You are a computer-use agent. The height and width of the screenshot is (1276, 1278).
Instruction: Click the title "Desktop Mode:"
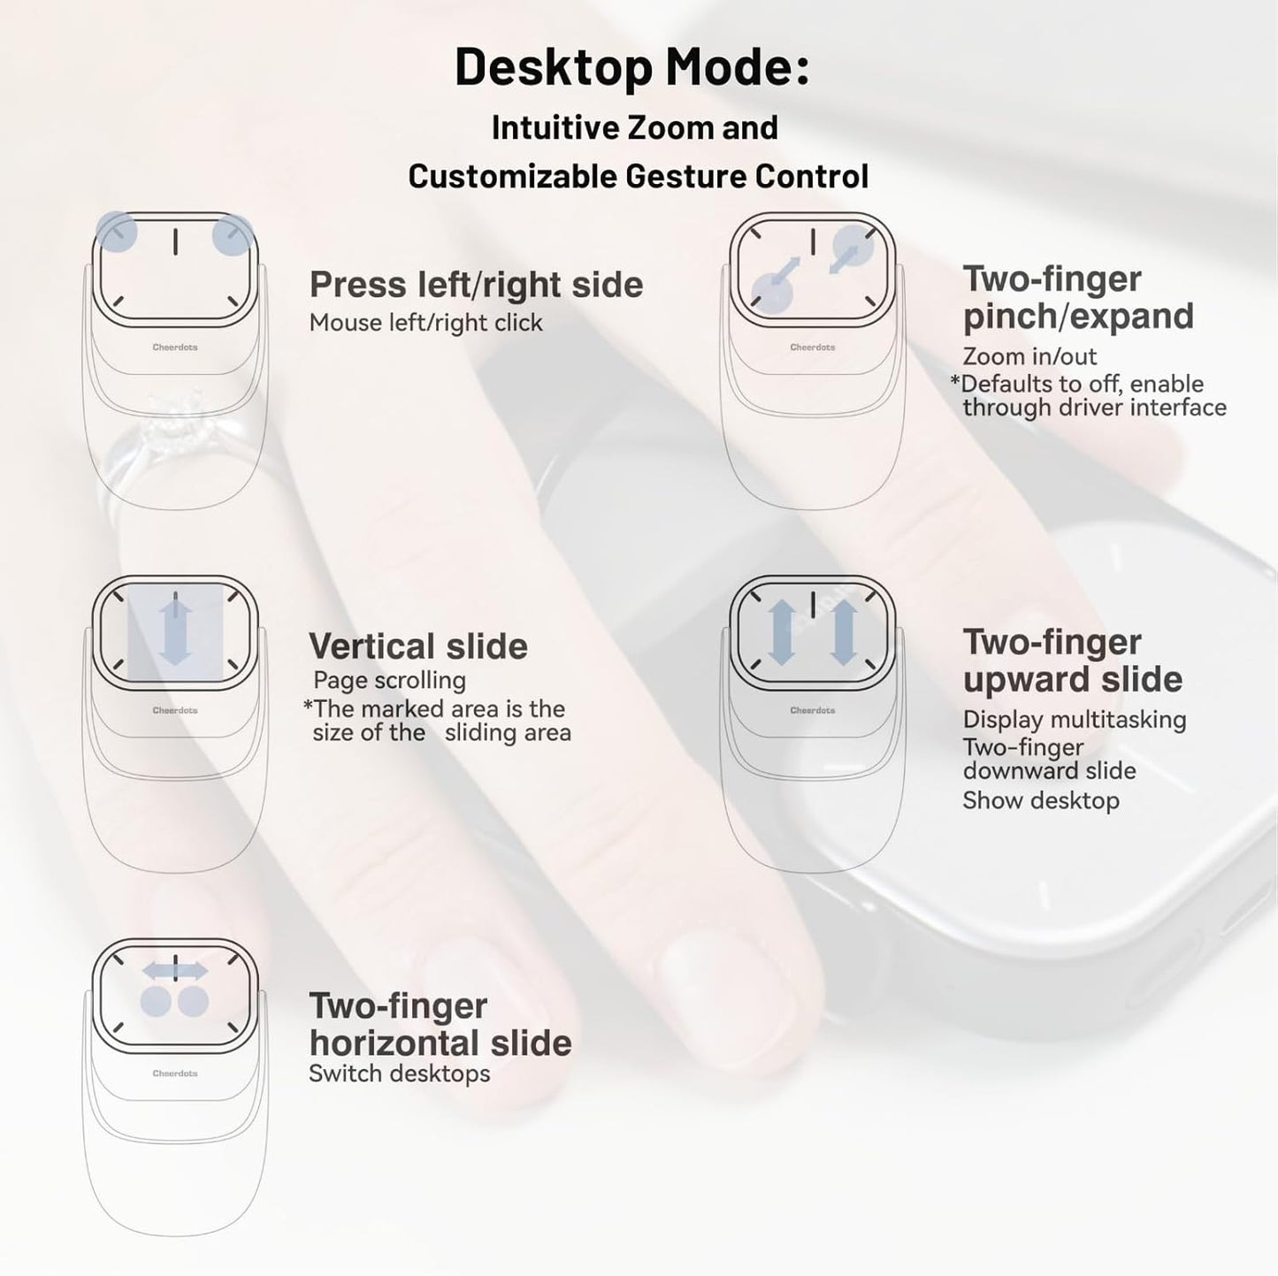pos(631,67)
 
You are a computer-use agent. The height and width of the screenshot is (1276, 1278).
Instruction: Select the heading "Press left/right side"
pos(476,285)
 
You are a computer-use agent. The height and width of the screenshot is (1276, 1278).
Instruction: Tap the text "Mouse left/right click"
pos(425,323)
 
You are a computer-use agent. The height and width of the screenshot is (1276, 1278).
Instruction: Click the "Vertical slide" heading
pos(417,646)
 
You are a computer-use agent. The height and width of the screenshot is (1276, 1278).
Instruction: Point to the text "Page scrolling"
pos(389,680)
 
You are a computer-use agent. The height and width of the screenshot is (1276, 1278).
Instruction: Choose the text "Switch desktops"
pos(399,1074)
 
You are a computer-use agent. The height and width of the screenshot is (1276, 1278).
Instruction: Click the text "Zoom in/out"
pos(1029,356)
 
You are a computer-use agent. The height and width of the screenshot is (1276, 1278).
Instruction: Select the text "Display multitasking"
pos(1074,720)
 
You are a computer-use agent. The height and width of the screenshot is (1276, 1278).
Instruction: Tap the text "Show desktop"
pos(1040,800)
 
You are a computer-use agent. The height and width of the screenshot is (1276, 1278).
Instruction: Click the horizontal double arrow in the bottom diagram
pos(175,971)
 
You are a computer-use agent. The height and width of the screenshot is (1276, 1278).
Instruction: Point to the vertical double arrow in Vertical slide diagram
pos(175,630)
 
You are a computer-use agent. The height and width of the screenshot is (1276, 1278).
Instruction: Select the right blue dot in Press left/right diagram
pos(233,235)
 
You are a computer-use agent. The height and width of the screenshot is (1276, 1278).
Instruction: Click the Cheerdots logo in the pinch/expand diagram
pos(812,348)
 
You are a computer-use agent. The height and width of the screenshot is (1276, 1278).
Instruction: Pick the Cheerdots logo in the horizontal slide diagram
pos(175,1074)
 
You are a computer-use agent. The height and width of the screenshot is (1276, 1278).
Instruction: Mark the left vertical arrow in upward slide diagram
pos(781,631)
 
